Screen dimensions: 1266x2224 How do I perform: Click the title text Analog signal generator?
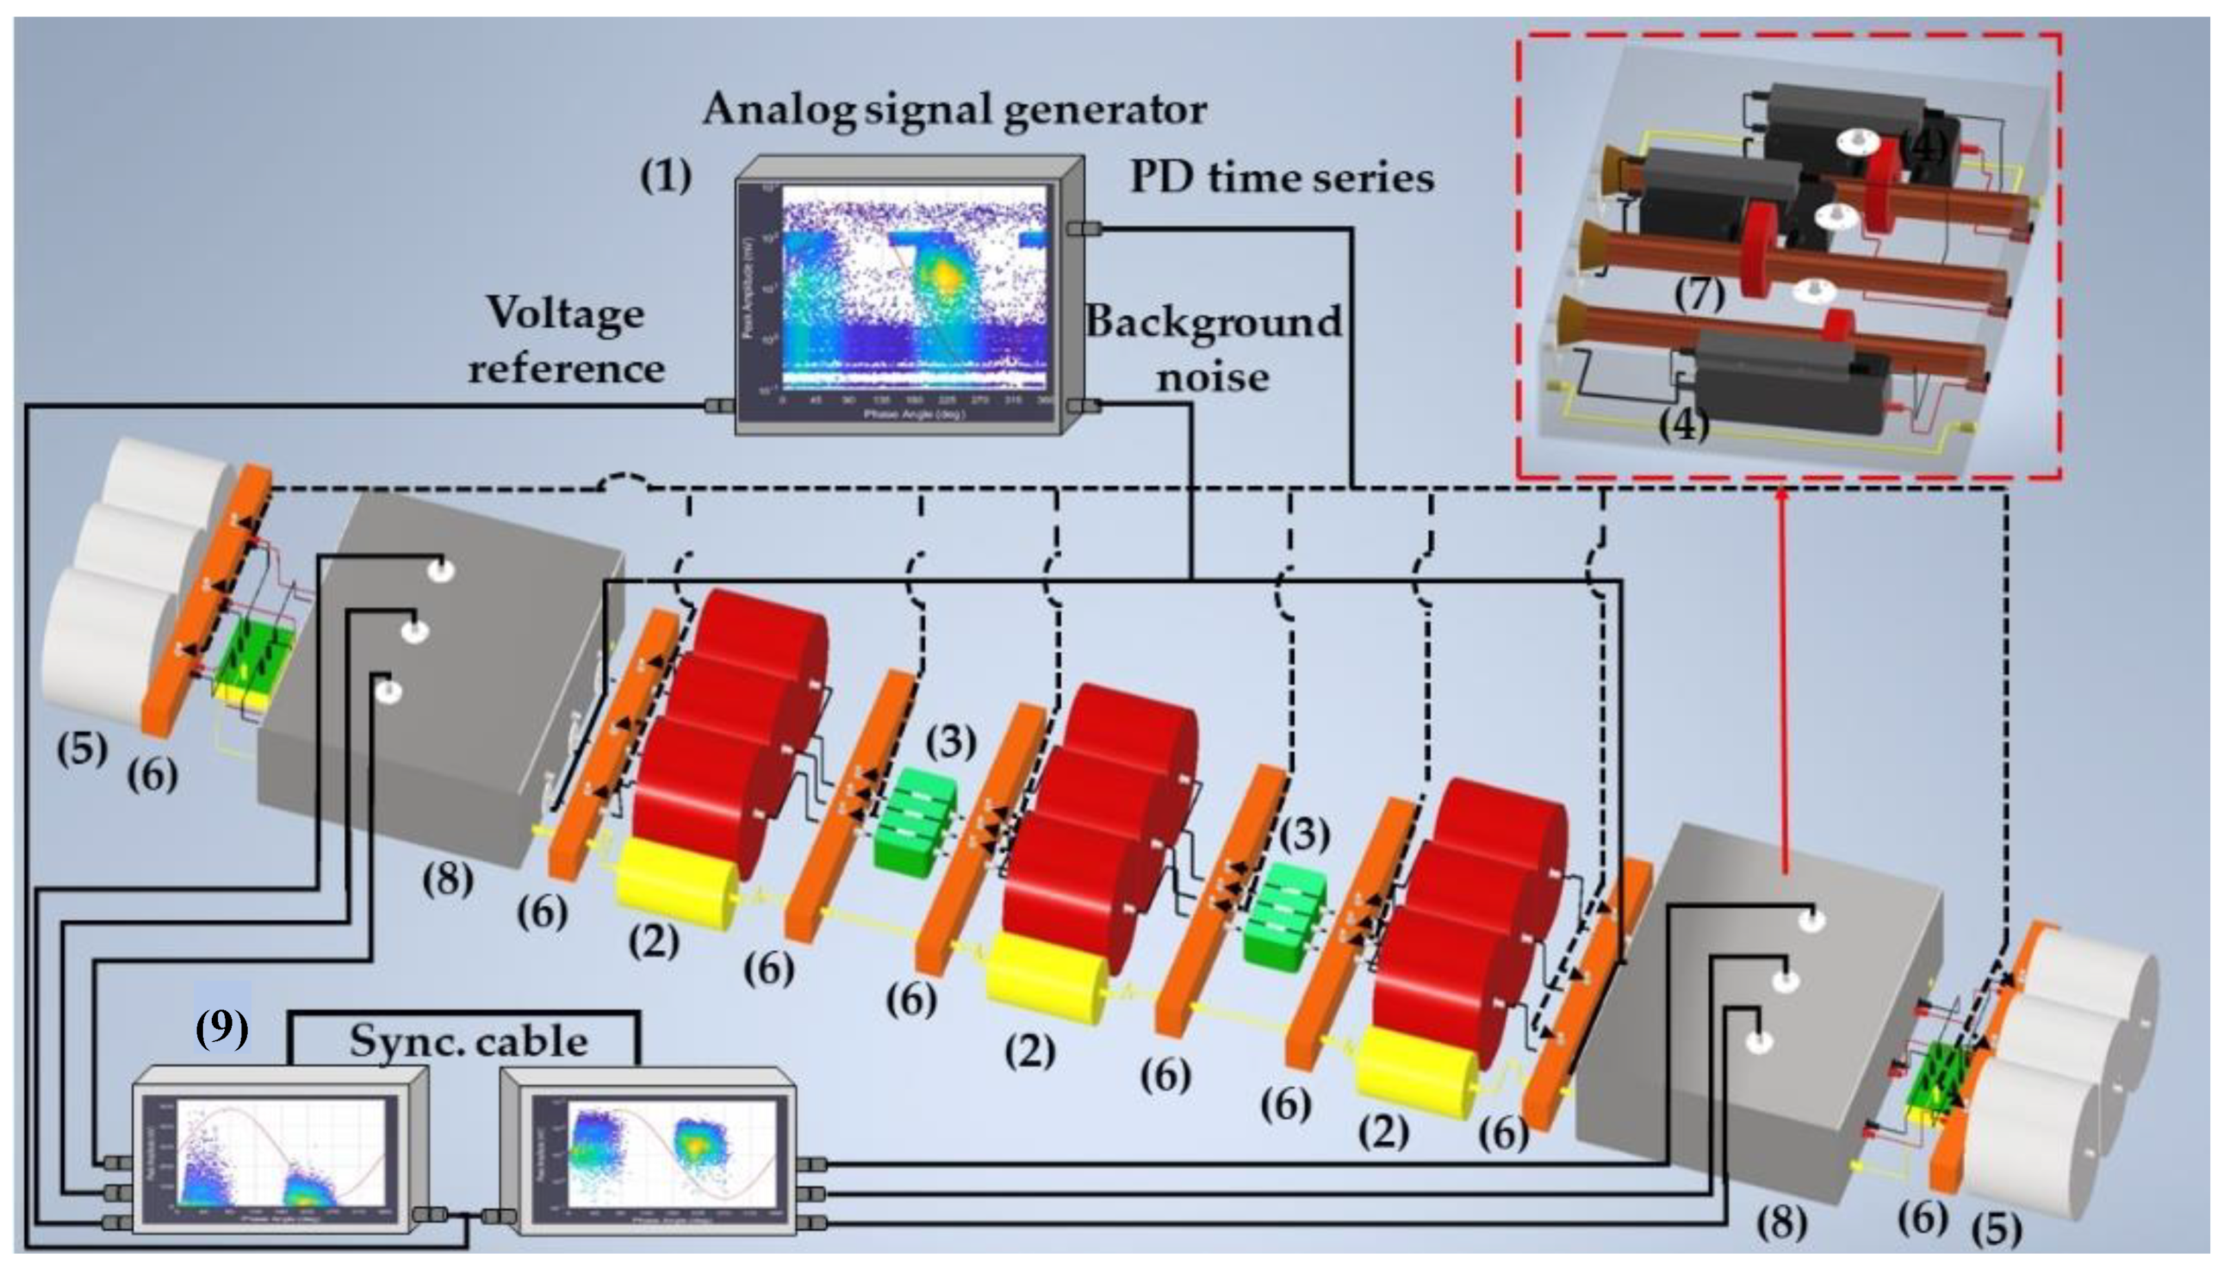coord(954,110)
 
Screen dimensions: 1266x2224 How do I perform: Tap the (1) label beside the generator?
coord(666,177)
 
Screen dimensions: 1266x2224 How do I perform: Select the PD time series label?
coord(1281,179)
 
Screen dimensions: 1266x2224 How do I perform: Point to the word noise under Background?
coord(1213,377)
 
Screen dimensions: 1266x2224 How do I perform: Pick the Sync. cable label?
coord(468,1041)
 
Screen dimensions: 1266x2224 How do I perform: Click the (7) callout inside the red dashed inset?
coord(1698,294)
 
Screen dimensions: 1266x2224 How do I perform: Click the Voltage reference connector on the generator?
coord(718,405)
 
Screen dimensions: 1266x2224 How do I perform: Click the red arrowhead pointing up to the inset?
coord(1783,496)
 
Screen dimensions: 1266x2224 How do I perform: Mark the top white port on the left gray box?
coord(440,570)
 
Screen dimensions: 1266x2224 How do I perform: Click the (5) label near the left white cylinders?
coord(82,749)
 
